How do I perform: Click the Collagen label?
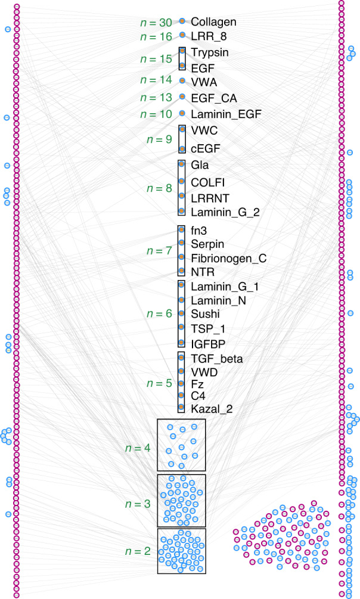click(x=214, y=22)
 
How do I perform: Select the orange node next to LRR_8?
click(x=182, y=35)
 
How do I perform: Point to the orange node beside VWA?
click(x=182, y=80)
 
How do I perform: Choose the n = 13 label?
click(x=157, y=97)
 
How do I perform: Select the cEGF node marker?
click(x=182, y=149)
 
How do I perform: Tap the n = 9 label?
click(x=160, y=139)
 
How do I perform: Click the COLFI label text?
click(x=208, y=181)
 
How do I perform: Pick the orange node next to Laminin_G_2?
click(x=182, y=211)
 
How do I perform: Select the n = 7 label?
click(x=160, y=250)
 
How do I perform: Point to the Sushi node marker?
click(x=182, y=314)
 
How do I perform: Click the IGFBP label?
click(x=207, y=344)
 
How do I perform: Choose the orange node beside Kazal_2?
click(x=182, y=408)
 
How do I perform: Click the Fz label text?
click(x=197, y=384)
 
